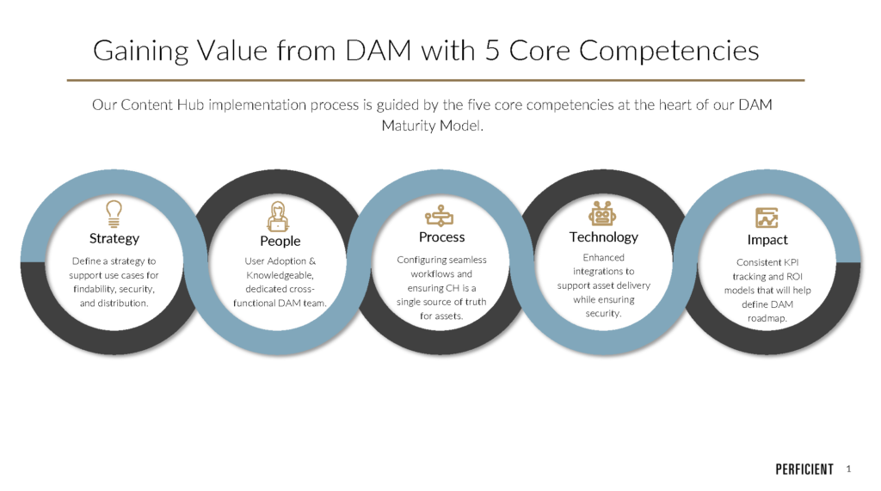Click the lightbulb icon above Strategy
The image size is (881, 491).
point(114,212)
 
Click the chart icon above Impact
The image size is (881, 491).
point(767,217)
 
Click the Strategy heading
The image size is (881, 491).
point(114,238)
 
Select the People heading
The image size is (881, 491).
point(280,241)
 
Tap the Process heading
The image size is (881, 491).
point(441,237)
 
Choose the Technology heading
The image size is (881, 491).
point(604,237)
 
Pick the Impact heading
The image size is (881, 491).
point(767,240)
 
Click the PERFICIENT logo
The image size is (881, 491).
point(804,470)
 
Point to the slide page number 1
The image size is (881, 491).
point(849,469)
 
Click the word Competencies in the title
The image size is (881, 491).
point(668,51)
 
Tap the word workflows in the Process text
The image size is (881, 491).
point(422,273)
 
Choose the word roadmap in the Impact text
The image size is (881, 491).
point(766,319)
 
